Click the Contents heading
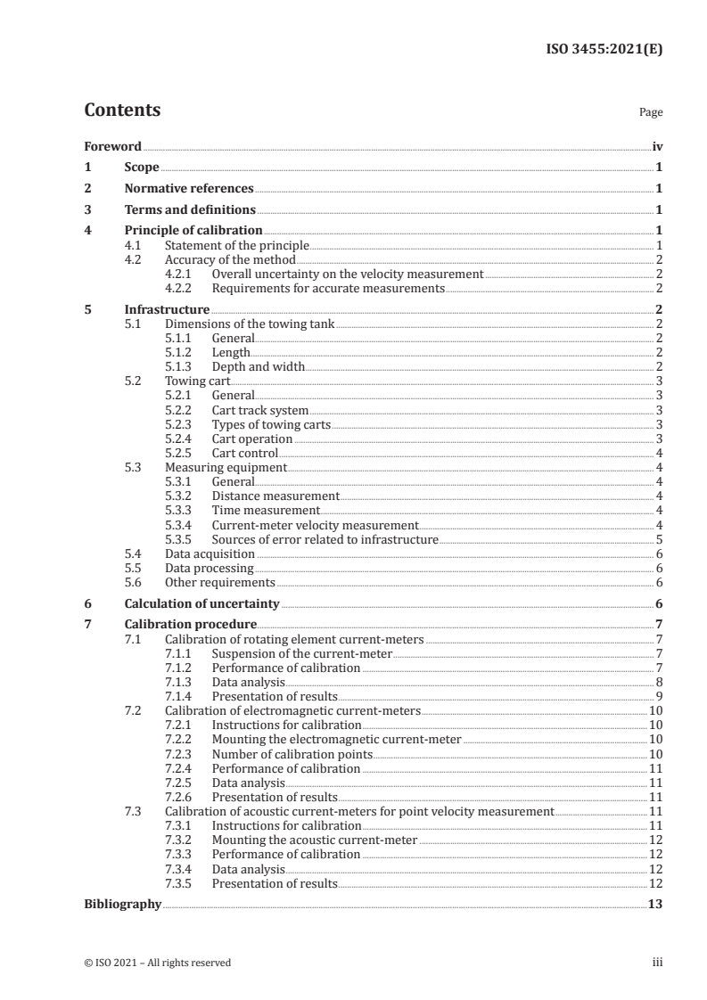[x=122, y=111]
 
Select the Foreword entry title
[x=112, y=146]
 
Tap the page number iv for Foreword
[x=657, y=146]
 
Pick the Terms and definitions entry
[x=190, y=210]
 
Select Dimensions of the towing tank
[x=250, y=324]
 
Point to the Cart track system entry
[x=260, y=410]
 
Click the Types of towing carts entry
[x=270, y=424]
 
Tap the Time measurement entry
[x=266, y=510]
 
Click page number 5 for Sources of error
[x=658, y=539]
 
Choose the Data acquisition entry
[x=205, y=553]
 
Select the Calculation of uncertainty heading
[x=201, y=603]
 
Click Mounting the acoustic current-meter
[x=315, y=840]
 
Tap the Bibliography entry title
[x=122, y=904]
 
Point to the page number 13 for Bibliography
[x=655, y=904]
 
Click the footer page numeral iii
[x=657, y=963]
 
